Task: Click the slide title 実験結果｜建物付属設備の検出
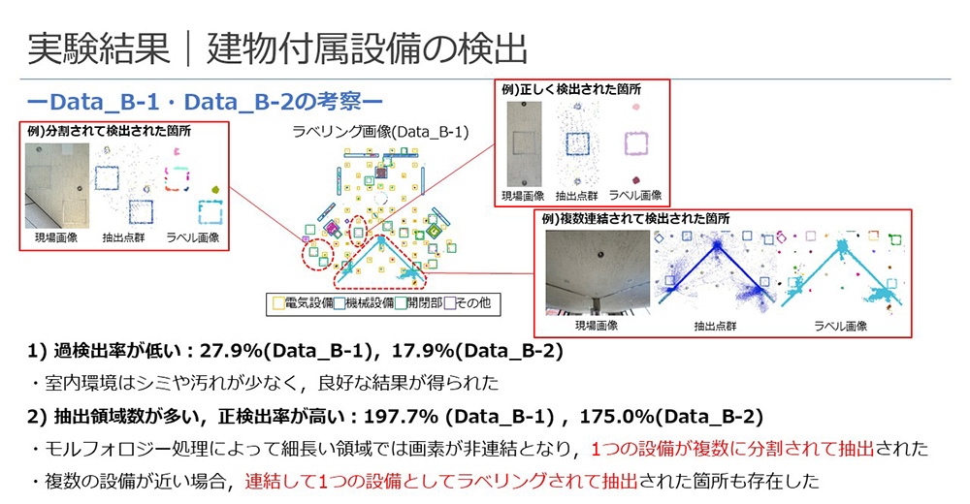277,48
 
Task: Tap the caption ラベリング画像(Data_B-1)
380,132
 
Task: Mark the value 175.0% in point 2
617,417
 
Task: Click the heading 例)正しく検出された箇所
571,90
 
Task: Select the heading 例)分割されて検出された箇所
110,131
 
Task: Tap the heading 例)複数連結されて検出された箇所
635,219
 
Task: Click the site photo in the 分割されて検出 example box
57,186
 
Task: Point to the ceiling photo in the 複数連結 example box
598,272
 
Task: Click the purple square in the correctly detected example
636,143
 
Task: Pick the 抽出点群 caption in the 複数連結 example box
715,326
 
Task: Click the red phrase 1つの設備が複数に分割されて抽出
732,449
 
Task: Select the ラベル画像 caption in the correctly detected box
635,196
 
